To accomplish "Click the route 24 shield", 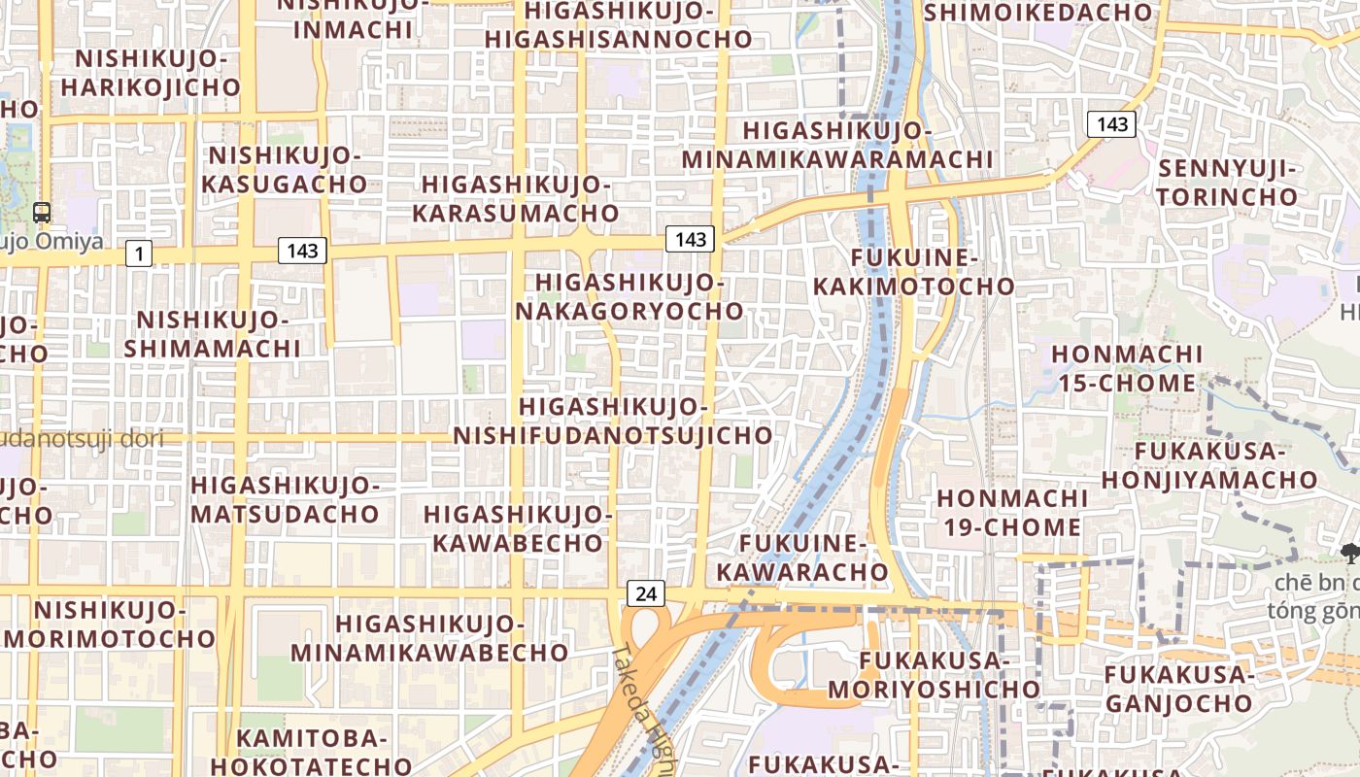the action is pos(645,593).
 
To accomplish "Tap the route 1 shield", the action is pos(139,254).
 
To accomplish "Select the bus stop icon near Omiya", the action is pos(42,212).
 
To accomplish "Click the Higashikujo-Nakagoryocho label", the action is pos(629,296).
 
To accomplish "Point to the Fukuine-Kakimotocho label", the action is pos(913,272).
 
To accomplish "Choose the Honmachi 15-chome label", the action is pos(1127,368).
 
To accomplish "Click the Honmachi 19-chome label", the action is pos(1010,513).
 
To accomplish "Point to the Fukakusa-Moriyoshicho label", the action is pos(934,675).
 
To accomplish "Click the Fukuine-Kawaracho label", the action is pos(802,557).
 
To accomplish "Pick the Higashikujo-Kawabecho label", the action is pos(518,527).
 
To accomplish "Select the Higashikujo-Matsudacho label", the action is pos(285,498).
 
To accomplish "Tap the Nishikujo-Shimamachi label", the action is pos(213,333).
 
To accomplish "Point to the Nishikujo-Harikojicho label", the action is pos(151,73).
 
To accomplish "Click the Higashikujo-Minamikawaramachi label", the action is pos(837,145).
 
